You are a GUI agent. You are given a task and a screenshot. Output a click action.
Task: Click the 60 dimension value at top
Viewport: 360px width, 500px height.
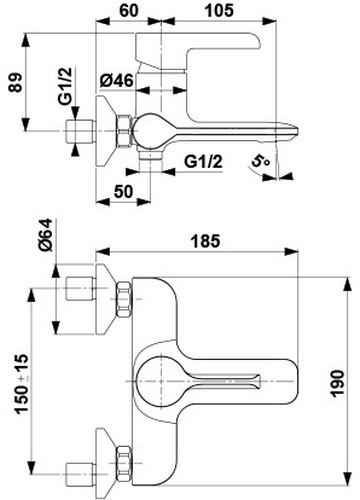pos(128,10)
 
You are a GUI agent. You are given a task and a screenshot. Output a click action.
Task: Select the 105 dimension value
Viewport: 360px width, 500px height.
pos(219,10)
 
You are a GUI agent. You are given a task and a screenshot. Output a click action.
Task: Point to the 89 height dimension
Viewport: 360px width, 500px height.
pos(16,82)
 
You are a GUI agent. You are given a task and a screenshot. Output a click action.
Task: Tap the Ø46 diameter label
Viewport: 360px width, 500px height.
pos(117,80)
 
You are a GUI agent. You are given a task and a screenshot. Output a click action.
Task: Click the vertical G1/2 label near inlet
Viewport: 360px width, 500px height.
pos(65,86)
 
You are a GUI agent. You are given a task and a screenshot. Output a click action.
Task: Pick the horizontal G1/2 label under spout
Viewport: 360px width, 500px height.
pos(203,162)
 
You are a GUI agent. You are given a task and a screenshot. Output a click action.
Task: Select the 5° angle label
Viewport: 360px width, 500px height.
pos(260,161)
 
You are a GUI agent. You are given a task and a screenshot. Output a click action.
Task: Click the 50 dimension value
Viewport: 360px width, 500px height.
pos(123,192)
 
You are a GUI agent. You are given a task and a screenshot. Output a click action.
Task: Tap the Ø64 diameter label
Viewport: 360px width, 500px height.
pos(45,235)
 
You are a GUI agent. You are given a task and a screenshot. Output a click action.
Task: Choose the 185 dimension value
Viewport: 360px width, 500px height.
pos(205,241)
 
